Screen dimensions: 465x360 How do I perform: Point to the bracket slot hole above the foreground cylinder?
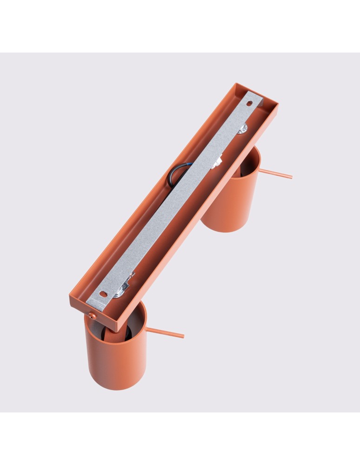104,294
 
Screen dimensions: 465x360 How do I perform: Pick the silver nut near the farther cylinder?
242,129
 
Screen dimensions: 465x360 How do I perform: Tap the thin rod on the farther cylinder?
274,174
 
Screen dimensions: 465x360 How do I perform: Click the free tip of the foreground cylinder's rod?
183,336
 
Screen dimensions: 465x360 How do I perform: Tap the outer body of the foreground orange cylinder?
116,358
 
